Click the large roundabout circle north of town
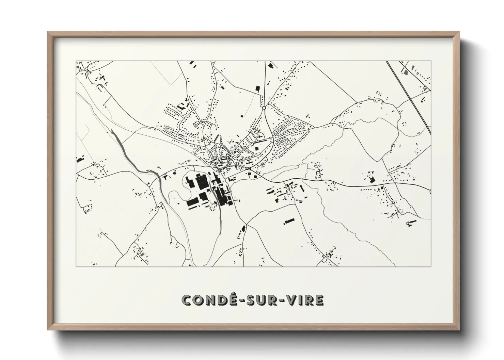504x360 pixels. click(x=264, y=108)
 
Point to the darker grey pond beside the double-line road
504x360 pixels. click(x=405, y=72)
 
